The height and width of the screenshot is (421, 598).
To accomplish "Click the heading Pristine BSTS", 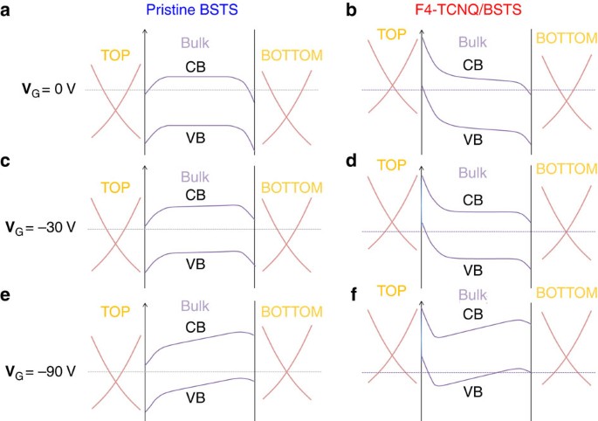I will tap(200, 11).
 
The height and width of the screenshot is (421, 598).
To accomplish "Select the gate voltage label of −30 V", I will tap(50, 229).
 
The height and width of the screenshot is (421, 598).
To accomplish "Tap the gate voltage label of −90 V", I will tap(50, 371).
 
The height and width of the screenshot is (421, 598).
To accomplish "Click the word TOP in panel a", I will tap(117, 54).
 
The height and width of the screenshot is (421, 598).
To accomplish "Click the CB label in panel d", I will tap(472, 200).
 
